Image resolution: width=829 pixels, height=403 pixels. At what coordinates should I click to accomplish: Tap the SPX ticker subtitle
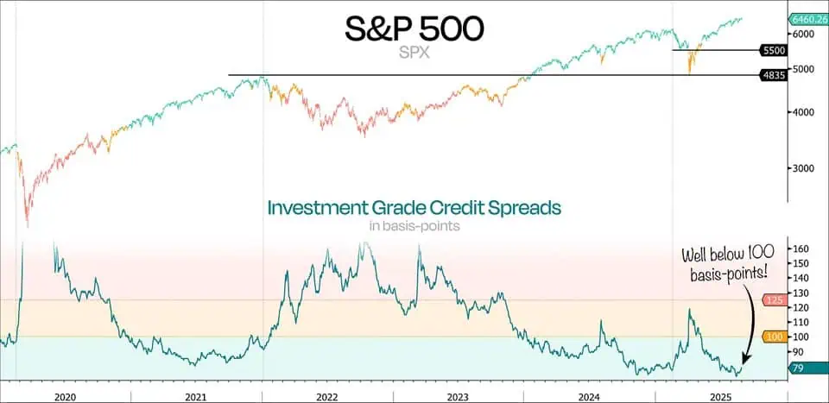tap(414, 53)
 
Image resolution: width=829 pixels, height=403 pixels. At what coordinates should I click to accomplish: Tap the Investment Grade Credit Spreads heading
tap(414, 208)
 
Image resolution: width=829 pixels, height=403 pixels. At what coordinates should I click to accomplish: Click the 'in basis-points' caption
tap(414, 227)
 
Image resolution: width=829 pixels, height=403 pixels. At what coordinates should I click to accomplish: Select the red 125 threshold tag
tap(774, 300)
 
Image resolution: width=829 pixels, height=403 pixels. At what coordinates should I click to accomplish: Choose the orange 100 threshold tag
tap(774, 337)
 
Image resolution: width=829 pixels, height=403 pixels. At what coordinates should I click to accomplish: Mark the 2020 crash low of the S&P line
tap(28, 226)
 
